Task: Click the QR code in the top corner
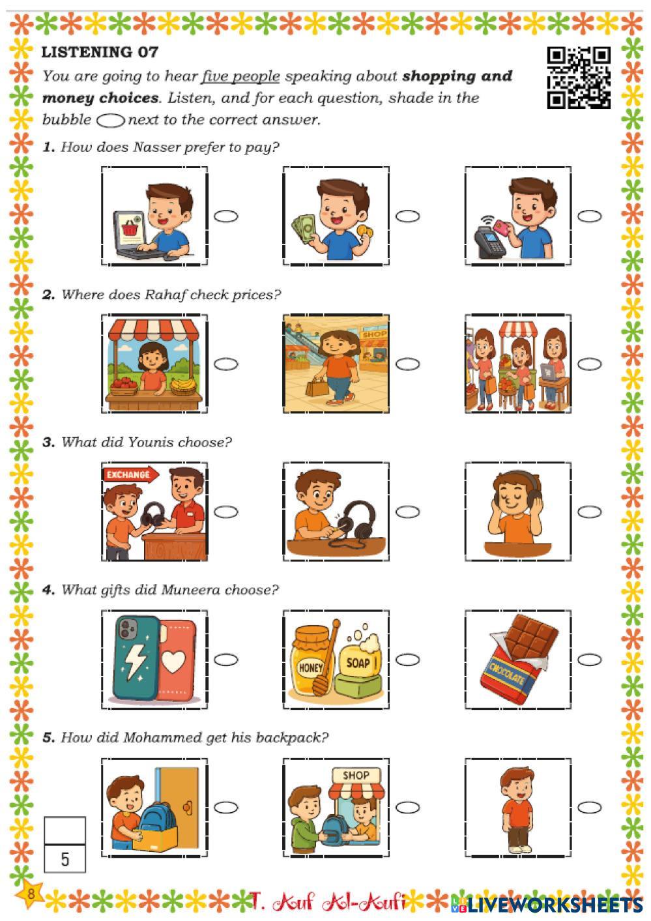(579, 77)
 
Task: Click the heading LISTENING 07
(100, 52)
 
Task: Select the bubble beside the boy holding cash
(408, 216)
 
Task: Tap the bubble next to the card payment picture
(589, 216)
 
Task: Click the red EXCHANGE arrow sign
(130, 475)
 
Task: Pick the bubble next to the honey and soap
(408, 660)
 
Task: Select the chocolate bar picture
(518, 660)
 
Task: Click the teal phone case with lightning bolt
(136, 658)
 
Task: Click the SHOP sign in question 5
(355, 776)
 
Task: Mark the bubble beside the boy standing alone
(589, 808)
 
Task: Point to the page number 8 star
(31, 894)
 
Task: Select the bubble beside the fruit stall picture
(226, 364)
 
